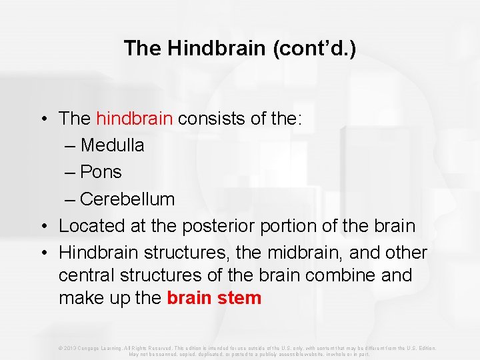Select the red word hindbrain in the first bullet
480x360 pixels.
click(135, 119)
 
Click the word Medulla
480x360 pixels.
click(112, 145)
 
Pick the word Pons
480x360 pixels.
click(101, 172)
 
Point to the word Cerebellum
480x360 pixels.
click(127, 199)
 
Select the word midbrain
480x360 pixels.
click(269, 253)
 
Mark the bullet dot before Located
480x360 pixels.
click(42, 226)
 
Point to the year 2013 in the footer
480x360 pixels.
click(71, 348)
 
